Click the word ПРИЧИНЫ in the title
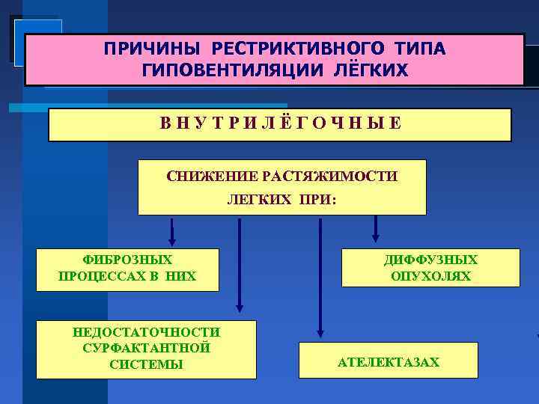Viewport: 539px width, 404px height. [153, 49]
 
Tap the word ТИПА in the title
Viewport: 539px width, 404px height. [420, 49]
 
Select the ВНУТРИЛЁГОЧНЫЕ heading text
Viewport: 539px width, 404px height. [280, 123]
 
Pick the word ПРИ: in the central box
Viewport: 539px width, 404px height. [317, 201]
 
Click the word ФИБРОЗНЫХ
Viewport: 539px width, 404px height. [127, 260]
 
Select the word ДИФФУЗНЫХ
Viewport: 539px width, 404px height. [430, 260]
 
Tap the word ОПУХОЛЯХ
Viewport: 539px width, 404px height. [430, 276]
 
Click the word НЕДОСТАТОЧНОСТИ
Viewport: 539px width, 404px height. [146, 332]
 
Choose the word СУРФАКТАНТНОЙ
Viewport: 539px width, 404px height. [146, 348]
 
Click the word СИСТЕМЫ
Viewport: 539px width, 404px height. [146, 364]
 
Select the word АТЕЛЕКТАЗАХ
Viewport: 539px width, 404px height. [389, 363]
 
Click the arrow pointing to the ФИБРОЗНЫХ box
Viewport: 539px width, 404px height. [172, 233]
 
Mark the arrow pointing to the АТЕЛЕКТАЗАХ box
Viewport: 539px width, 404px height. [320, 277]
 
